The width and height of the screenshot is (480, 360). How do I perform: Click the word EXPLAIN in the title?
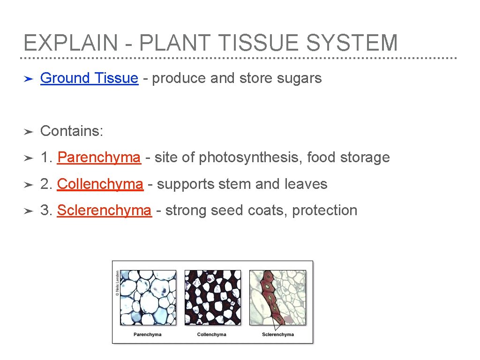[x=70, y=43]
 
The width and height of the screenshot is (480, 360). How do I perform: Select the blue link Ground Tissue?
[x=89, y=78]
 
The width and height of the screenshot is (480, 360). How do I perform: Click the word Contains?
[x=72, y=131]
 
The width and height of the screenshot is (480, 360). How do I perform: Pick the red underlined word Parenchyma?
[x=98, y=157]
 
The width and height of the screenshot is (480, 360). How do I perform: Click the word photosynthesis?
[x=250, y=157]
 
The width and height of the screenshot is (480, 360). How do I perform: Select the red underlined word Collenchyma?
[x=100, y=184]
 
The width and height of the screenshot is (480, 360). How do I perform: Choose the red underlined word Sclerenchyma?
[x=104, y=210]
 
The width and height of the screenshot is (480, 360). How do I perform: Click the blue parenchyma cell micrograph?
[x=148, y=298]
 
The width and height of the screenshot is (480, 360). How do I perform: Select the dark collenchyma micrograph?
[x=212, y=298]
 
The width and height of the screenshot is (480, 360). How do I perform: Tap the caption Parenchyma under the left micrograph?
[x=147, y=334]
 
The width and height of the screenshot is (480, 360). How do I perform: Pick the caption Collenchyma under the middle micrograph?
[x=211, y=334]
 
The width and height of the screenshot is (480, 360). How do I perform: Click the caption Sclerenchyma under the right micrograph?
[x=277, y=334]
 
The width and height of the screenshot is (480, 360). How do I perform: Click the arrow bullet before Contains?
[x=28, y=132]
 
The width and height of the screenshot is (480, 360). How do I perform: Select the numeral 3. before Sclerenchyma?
[x=47, y=210]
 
